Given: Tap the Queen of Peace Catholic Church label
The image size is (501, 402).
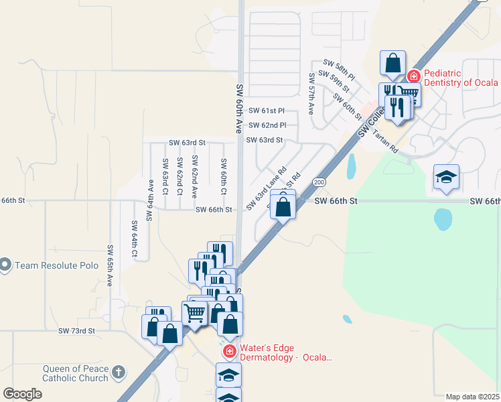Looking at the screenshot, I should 75,373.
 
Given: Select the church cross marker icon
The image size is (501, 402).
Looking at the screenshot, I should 119,372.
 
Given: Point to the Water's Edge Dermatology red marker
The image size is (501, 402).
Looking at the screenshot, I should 229,351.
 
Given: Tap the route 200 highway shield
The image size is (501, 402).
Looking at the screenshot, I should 319,182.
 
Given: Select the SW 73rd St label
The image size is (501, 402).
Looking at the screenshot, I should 76,331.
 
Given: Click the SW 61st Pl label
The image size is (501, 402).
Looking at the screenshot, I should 267,111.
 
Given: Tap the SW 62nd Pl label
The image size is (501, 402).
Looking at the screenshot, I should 267,125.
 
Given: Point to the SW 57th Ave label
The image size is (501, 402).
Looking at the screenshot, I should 311,94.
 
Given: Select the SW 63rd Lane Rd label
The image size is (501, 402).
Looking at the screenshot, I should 266,188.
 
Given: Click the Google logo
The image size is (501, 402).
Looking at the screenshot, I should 22,394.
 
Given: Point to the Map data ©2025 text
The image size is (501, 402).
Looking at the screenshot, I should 472,397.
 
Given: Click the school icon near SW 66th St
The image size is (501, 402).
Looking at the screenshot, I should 446,178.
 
